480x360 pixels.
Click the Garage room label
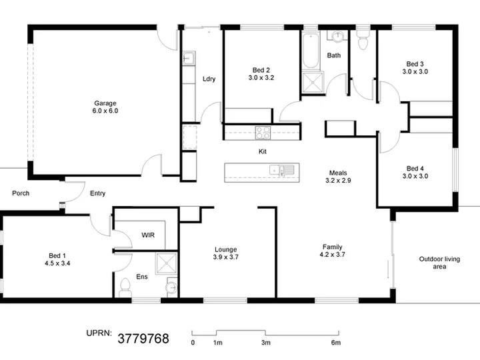pos(105,103)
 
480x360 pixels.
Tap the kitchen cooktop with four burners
pos(263,133)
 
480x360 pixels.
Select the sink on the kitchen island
pos(281,170)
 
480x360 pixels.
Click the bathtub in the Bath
pos(311,51)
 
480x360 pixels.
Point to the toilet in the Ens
pos(125,287)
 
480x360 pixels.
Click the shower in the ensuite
pos(166,263)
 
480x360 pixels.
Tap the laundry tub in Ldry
pos(188,58)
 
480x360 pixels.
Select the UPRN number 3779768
pos(143,339)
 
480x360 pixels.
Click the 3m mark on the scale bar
pos(266,343)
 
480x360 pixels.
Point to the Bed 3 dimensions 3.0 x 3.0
pos(415,71)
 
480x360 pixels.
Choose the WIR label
pos(148,235)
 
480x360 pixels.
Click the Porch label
pos(21,193)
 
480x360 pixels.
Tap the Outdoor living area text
pos(439,263)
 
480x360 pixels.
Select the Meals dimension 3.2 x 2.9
pos(338,180)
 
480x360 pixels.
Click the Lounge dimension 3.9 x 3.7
pos(225,257)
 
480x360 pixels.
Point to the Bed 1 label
pos(57,255)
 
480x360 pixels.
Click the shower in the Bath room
pos(312,83)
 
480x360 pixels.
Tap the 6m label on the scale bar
pos(336,343)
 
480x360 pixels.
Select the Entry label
pos(97,193)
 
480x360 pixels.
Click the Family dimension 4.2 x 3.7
pos(332,255)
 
